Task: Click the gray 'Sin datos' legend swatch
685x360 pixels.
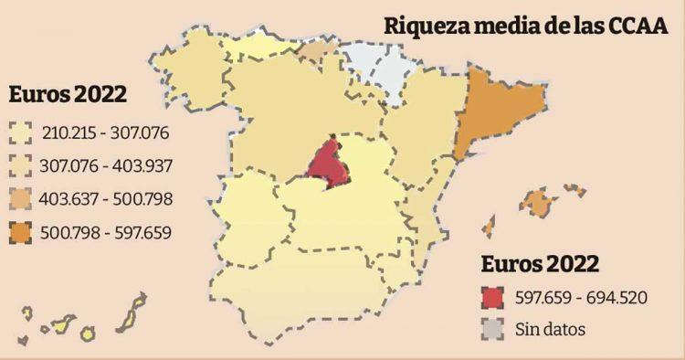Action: (x=492, y=328)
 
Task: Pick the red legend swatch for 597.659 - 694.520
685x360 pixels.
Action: (x=492, y=299)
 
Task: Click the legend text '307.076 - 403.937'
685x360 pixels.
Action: (x=105, y=166)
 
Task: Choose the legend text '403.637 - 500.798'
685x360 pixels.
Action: (x=105, y=198)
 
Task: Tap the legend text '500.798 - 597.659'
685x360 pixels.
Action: (x=105, y=232)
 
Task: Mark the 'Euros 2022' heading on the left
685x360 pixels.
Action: (x=68, y=95)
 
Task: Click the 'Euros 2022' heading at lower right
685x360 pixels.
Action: (x=540, y=265)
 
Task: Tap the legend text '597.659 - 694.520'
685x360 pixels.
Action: (x=580, y=299)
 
